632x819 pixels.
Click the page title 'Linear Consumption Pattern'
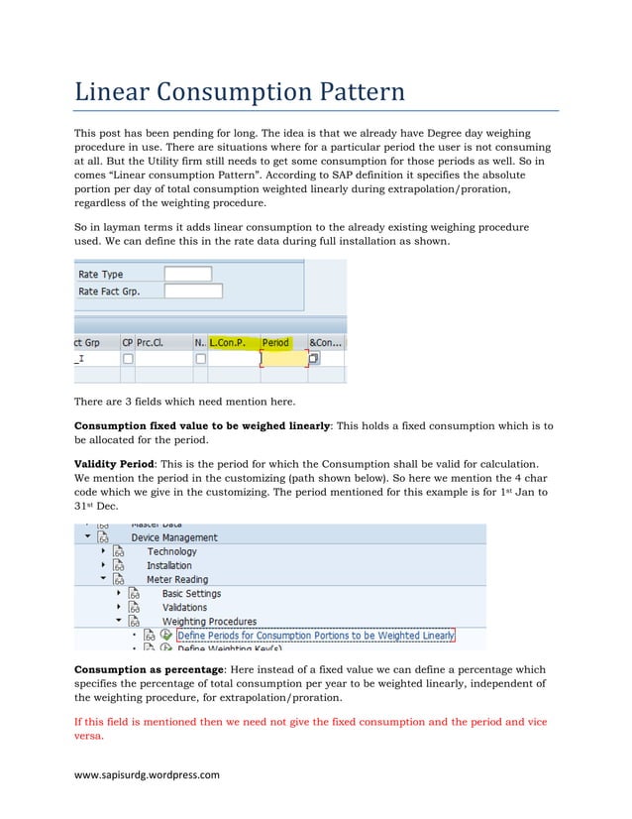click(240, 93)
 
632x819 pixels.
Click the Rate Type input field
click(187, 274)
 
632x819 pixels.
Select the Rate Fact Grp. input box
click(192, 291)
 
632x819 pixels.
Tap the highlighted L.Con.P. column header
click(227, 343)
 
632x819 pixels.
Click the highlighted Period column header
click(275, 343)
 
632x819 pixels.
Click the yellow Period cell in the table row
click(282, 359)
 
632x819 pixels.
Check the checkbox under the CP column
click(127, 359)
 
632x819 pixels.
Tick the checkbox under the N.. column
click(200, 359)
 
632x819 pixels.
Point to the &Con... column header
click(326, 343)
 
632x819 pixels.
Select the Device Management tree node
click(174, 537)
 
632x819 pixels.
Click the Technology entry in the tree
click(171, 551)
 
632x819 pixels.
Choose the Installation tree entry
click(169, 565)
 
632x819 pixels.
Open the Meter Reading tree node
click(176, 579)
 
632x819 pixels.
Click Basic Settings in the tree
click(191, 593)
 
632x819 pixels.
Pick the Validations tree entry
click(184, 607)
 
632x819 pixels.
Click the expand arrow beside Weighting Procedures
click(119, 622)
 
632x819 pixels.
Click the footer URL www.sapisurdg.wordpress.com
click(147, 775)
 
